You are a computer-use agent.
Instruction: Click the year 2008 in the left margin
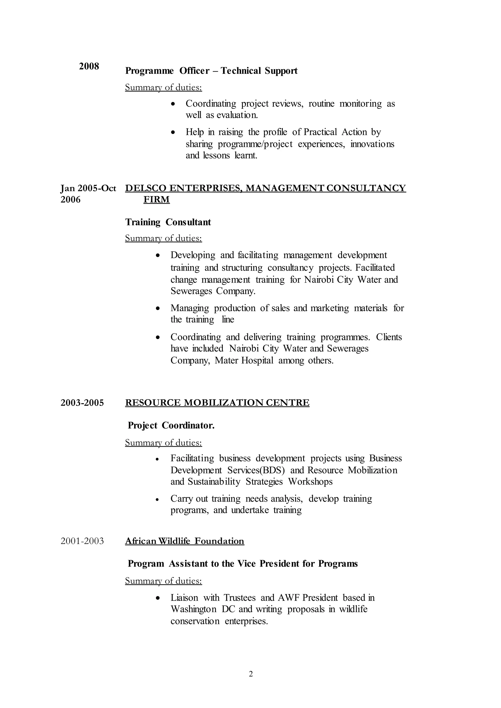(x=89, y=66)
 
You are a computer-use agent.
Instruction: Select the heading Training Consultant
(x=168, y=222)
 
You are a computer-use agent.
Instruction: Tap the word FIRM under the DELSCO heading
(x=156, y=199)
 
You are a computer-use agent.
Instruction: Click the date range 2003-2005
(x=82, y=403)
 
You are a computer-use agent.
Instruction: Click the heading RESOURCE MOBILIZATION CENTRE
(x=217, y=403)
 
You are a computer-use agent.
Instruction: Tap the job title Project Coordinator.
(x=171, y=426)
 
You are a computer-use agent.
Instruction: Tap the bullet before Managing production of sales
(x=158, y=308)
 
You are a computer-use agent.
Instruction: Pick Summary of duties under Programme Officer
(x=163, y=88)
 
